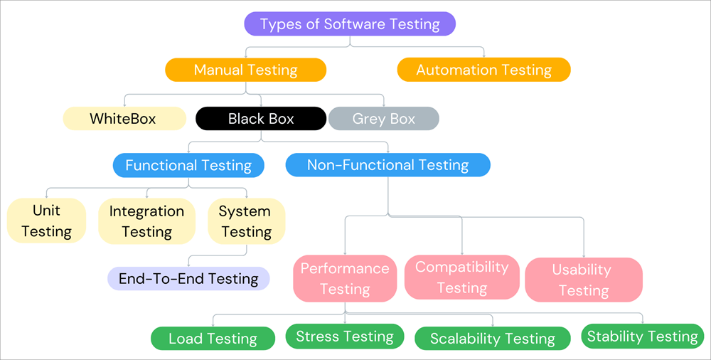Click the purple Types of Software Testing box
[350, 23]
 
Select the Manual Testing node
[245, 70]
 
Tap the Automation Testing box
[483, 70]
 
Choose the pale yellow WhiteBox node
[124, 118]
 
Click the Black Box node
[261, 119]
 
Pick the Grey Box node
[383, 119]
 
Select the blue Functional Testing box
[188, 166]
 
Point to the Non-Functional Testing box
[387, 166]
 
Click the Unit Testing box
[46, 221]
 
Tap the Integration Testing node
[146, 221]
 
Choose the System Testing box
[245, 221]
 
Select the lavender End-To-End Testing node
[188, 278]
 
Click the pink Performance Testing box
[345, 278]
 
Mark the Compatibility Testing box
[462, 277]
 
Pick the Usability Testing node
[583, 280]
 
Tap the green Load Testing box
[213, 339]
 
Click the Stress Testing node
[345, 337]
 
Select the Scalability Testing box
[492, 339]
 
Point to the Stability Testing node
[642, 337]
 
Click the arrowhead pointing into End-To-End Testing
[188, 265]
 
